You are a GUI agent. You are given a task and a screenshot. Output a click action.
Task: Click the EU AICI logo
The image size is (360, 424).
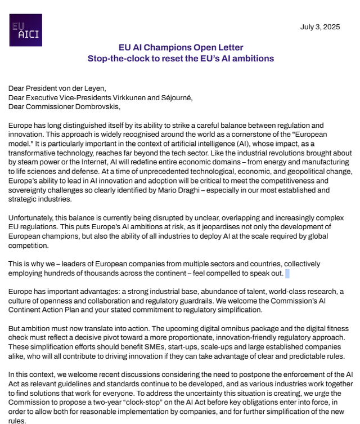click(26, 30)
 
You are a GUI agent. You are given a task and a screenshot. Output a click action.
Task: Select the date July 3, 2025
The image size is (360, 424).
click(319, 27)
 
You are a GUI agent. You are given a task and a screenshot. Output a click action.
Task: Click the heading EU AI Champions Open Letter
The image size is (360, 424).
click(180, 48)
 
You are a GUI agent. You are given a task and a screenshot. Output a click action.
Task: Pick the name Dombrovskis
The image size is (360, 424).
click(95, 106)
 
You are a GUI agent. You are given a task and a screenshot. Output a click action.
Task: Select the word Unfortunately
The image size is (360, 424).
click(31, 218)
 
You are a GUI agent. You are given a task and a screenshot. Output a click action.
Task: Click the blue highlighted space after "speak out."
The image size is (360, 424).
click(287, 273)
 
